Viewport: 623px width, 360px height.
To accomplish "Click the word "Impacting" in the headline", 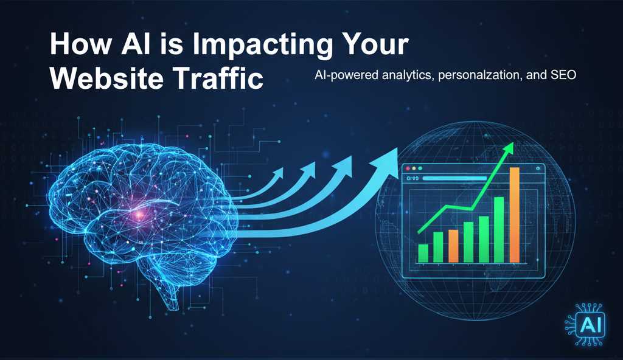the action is pyautogui.click(x=263, y=45).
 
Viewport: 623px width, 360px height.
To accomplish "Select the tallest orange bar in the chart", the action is pyautogui.click(x=515, y=215).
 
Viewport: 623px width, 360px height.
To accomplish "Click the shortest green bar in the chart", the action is pyautogui.click(x=423, y=254).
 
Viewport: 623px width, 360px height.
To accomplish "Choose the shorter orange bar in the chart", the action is pyautogui.click(x=453, y=246).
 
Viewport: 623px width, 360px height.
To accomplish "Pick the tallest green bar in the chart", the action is pyautogui.click(x=499, y=230).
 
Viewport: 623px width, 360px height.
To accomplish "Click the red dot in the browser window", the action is pyautogui.click(x=408, y=168).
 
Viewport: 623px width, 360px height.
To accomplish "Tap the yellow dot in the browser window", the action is pyautogui.click(x=414, y=168).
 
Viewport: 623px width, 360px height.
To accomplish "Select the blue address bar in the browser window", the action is pyautogui.click(x=454, y=178).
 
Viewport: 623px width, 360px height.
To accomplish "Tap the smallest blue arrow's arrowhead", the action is pyautogui.click(x=277, y=173).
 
